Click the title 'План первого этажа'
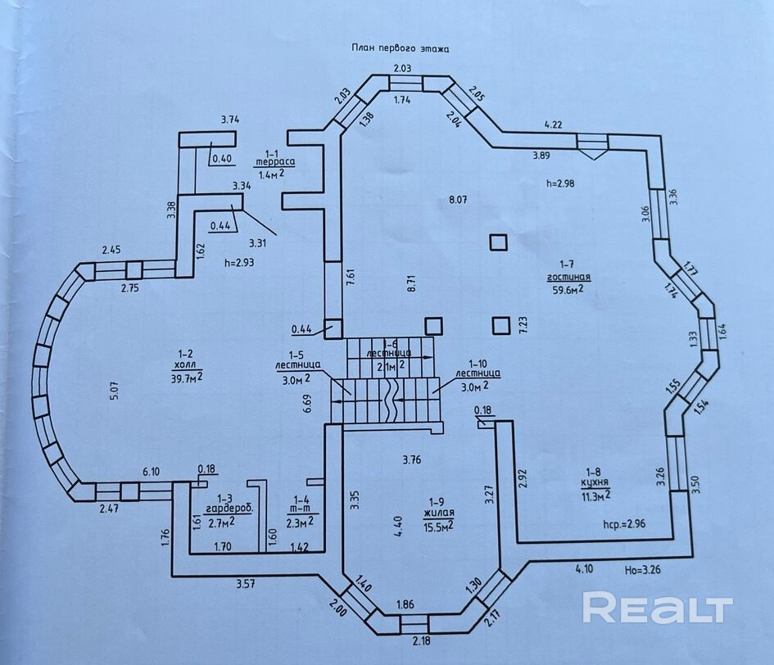(x=401, y=48)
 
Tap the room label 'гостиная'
(x=569, y=277)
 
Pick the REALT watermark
(x=657, y=608)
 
